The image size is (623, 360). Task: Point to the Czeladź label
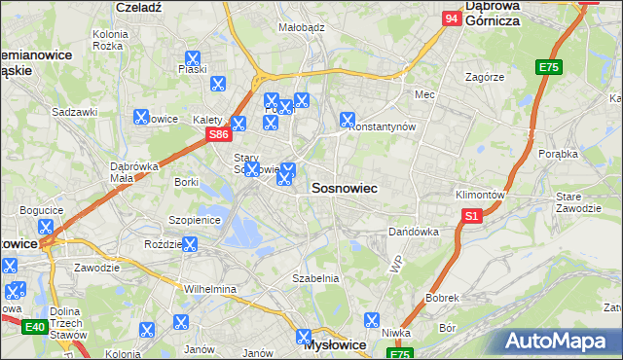(138, 6)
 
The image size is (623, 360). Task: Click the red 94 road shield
(451, 18)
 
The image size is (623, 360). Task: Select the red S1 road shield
(472, 216)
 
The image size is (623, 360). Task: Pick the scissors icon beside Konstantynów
(347, 121)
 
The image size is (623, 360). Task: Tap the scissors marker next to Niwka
(371, 320)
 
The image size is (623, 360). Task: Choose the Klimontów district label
(480, 195)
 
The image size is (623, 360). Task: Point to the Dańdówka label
(414, 233)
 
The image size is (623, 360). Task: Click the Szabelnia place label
(315, 278)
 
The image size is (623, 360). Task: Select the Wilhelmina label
(210, 289)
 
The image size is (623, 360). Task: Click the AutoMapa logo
(559, 341)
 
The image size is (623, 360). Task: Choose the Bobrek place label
(441, 297)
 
